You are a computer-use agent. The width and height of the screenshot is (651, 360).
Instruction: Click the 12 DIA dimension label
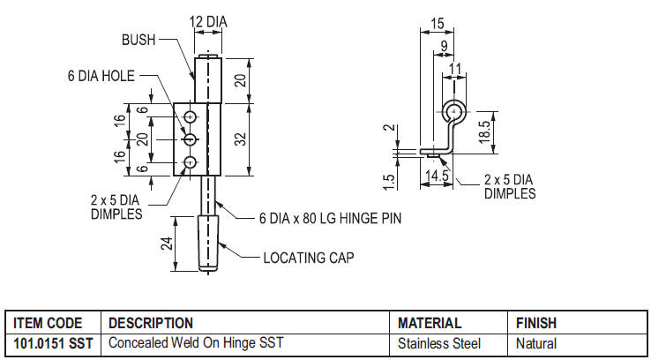tap(208, 21)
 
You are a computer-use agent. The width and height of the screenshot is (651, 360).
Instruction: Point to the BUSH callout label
tap(138, 40)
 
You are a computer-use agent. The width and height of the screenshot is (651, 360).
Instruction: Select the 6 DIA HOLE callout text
tap(101, 76)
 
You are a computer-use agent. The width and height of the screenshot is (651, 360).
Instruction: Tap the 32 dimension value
tap(241, 139)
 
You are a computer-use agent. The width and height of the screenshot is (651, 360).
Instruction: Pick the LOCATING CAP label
tap(309, 258)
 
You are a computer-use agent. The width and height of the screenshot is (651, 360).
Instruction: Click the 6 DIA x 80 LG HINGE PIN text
tap(331, 218)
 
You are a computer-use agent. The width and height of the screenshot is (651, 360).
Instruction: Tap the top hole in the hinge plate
tap(191, 117)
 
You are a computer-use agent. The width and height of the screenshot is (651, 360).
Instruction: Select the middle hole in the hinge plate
tap(191, 139)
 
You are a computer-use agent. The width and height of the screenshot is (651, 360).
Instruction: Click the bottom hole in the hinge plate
tap(191, 162)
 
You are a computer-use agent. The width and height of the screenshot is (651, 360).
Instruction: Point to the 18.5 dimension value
tap(484, 132)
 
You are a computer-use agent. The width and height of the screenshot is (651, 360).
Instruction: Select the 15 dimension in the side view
tap(438, 24)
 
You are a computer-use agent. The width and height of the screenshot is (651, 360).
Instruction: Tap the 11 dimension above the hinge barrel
tap(455, 69)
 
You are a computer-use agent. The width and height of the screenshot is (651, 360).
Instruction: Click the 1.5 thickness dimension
tap(389, 181)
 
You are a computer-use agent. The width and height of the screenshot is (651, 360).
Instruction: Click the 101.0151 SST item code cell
tap(53, 343)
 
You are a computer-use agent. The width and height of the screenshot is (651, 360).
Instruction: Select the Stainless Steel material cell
tap(439, 343)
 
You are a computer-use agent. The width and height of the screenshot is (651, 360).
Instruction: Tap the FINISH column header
tap(536, 323)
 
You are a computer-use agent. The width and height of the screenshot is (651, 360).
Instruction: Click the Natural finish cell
tap(536, 343)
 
